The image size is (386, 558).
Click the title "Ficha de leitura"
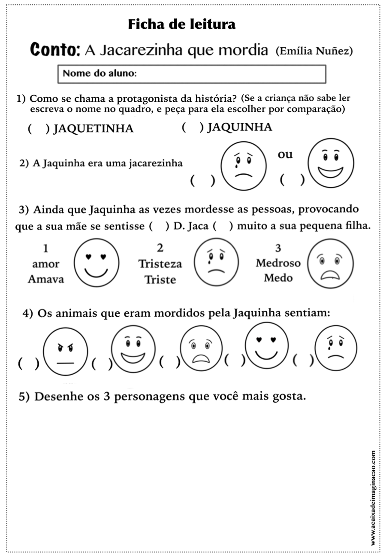(x=182, y=24)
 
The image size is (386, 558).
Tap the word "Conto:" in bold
(x=55, y=50)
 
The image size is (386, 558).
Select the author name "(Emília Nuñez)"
(x=314, y=51)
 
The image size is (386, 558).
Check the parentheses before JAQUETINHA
(x=37, y=129)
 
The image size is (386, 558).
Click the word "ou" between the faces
(x=285, y=155)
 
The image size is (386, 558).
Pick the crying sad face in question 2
(x=243, y=165)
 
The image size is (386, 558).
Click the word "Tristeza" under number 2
(x=160, y=264)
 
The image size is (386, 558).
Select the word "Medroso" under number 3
(x=278, y=263)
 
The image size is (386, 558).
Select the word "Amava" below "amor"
(x=46, y=279)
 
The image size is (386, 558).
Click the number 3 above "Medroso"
(x=278, y=248)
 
